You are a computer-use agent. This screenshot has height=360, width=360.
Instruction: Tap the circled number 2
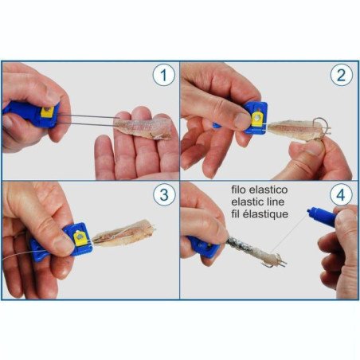[340, 76]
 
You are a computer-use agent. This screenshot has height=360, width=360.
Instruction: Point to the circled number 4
[340, 195]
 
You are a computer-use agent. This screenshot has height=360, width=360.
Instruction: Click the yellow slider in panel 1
[45, 113]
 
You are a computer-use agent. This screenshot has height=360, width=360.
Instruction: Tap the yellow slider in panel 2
[256, 119]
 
